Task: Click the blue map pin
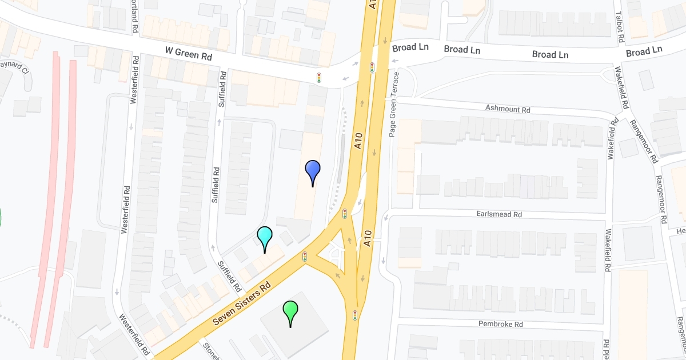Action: point(313,170)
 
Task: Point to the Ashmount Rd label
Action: point(508,109)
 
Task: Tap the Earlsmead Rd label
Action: point(500,214)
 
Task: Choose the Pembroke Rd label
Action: point(501,324)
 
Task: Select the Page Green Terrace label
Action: point(393,104)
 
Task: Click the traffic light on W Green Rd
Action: point(319,77)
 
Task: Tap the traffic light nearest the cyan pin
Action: point(305,257)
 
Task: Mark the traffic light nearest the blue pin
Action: point(345,214)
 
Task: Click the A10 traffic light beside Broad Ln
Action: point(372,67)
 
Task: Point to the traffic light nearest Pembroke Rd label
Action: point(355,315)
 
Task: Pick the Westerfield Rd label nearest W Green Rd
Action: point(135,79)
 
